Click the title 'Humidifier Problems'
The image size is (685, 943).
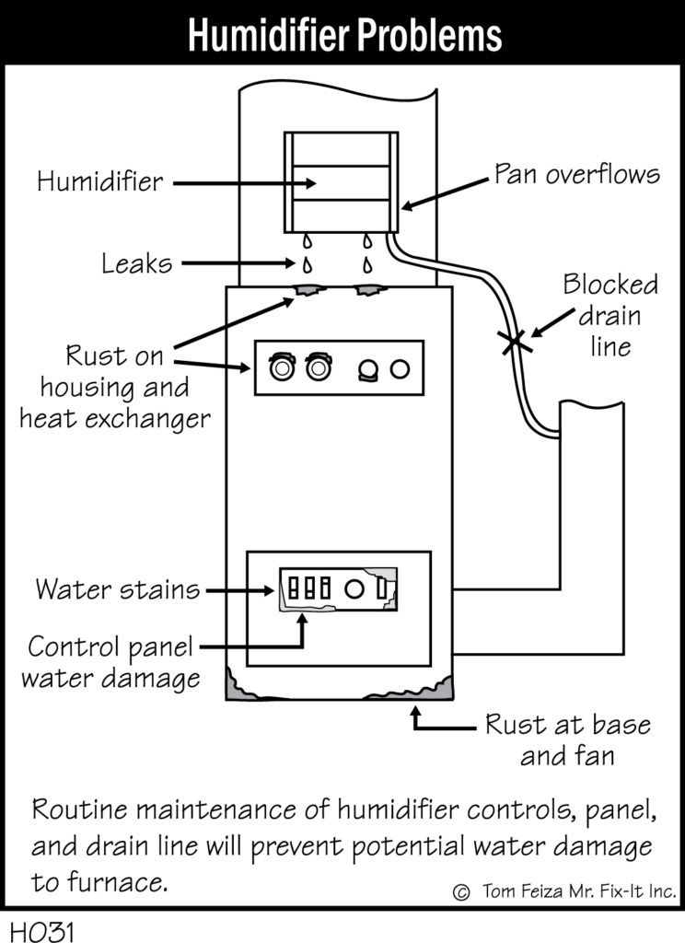tap(344, 35)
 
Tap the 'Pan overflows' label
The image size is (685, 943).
tap(576, 174)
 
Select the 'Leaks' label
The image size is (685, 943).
tap(136, 263)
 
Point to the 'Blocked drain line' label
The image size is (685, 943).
tap(610, 316)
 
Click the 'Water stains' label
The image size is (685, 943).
tap(117, 588)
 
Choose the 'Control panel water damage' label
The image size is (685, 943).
tap(110, 662)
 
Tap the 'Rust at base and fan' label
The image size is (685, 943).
tap(568, 739)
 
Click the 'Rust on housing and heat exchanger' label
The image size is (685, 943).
tap(115, 388)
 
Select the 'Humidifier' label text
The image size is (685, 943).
tap(99, 181)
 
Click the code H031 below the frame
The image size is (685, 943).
tap(42, 931)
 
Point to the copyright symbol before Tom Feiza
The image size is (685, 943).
tap(461, 891)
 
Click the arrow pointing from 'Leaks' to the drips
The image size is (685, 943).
tap(238, 262)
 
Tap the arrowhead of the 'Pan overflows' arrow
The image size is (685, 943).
tap(407, 205)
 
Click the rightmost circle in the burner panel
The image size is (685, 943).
tap(400, 368)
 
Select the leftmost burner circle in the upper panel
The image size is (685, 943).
tap(282, 367)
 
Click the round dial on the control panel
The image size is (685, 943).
tap(354, 588)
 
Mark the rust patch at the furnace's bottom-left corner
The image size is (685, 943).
tap(238, 685)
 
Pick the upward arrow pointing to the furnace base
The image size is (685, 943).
tap(441, 719)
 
